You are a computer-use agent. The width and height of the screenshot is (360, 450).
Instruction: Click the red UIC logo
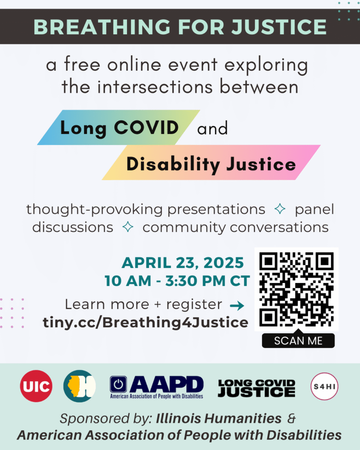click(36, 386)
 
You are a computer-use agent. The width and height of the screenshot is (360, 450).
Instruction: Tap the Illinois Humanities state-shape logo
click(80, 386)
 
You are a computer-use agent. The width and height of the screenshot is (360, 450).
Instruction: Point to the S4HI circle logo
click(324, 386)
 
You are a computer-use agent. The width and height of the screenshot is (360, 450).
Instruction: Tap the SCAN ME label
click(298, 341)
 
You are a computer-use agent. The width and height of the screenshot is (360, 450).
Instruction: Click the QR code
click(296, 289)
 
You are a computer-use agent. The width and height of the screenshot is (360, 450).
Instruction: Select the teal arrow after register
click(237, 305)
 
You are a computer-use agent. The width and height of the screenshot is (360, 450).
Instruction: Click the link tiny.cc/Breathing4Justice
click(145, 323)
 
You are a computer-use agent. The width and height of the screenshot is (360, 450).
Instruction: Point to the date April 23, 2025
click(182, 263)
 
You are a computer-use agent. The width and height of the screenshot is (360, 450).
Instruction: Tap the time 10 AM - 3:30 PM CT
click(177, 280)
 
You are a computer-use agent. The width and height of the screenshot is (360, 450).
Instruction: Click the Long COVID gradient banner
click(119, 127)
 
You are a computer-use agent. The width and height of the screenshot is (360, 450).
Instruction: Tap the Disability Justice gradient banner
click(211, 164)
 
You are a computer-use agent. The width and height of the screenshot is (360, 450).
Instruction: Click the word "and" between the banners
click(213, 129)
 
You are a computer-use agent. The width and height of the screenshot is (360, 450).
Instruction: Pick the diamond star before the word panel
click(280, 210)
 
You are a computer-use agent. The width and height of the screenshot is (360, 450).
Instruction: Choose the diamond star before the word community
click(128, 227)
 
